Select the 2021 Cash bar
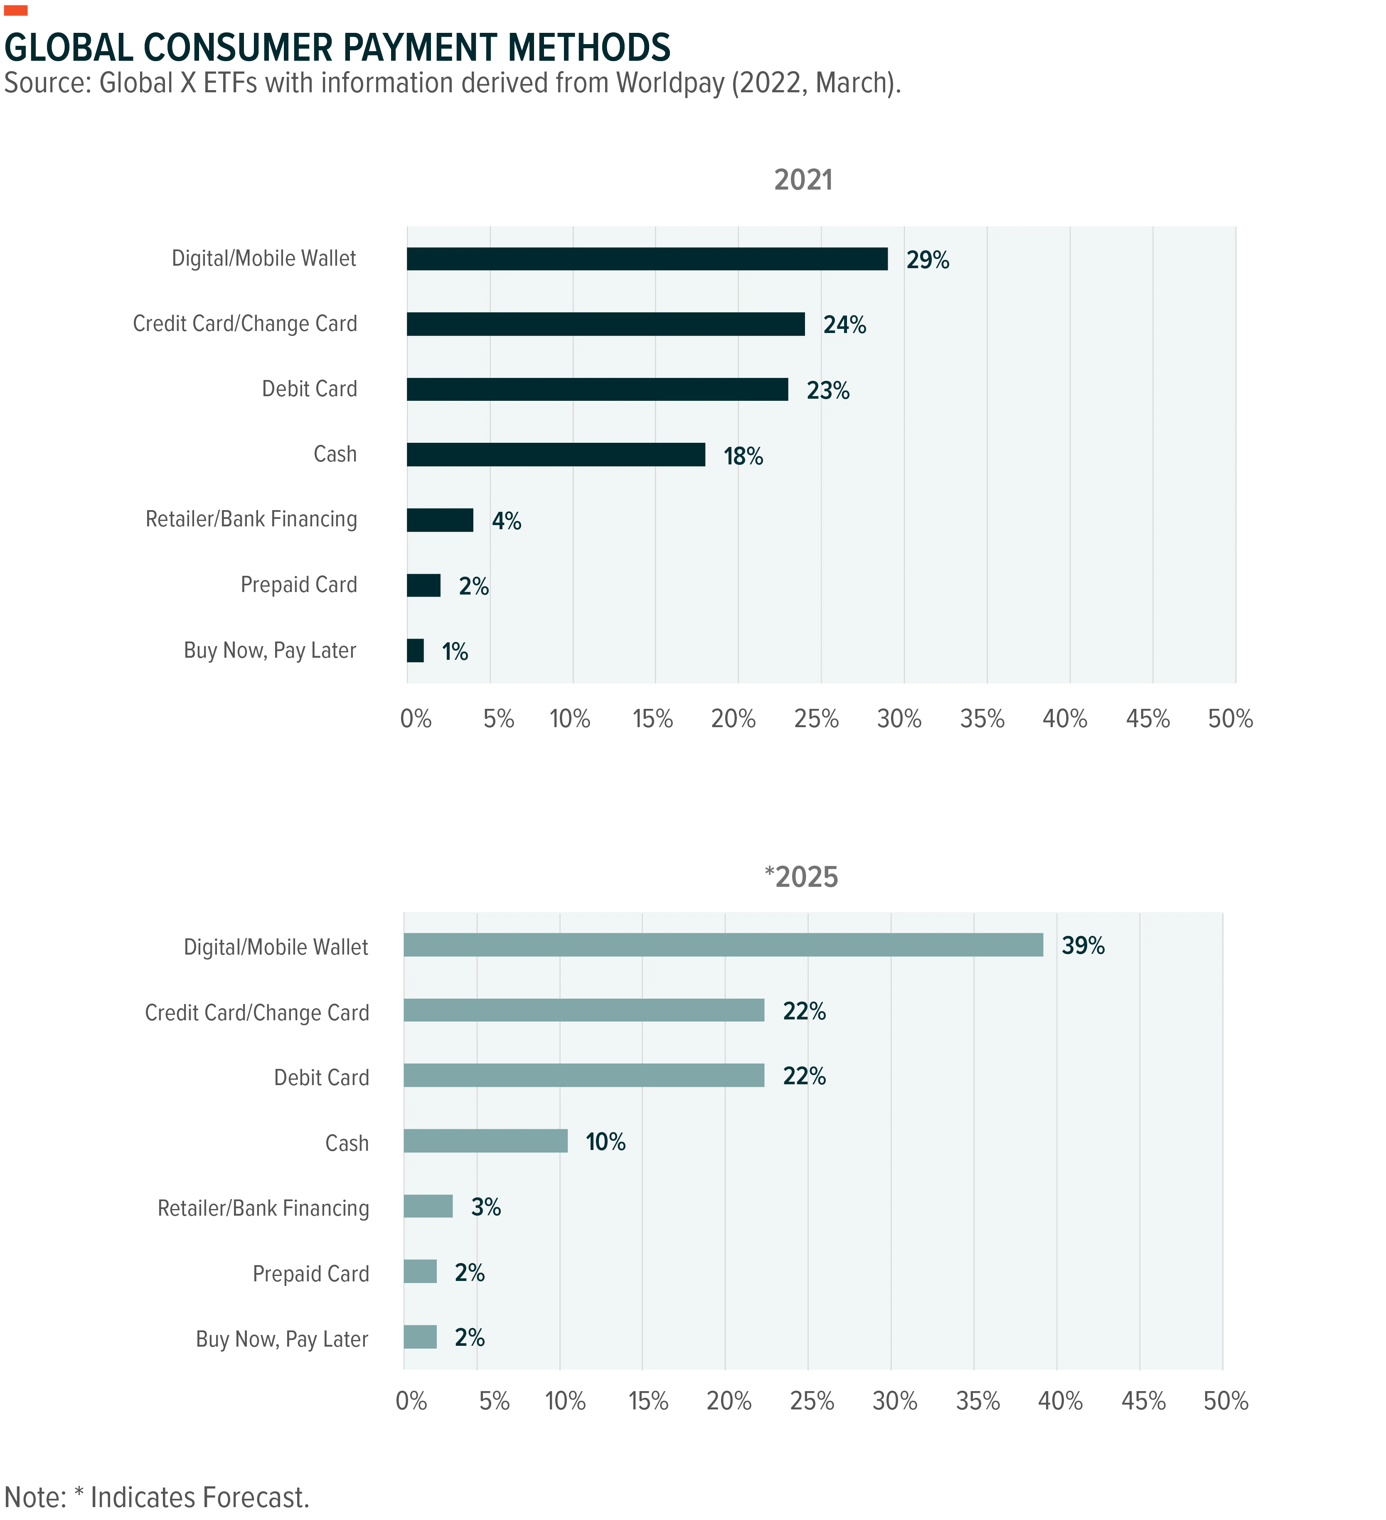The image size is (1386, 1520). [x=556, y=455]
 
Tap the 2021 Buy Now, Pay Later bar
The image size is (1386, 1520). [x=415, y=651]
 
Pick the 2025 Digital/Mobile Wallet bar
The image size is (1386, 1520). [x=724, y=945]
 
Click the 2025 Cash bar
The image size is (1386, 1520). [x=485, y=1141]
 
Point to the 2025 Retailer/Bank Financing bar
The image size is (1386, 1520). [x=428, y=1207]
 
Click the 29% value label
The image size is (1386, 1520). [x=928, y=260]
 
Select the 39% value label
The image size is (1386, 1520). [x=1083, y=945]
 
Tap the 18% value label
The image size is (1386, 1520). [x=743, y=456]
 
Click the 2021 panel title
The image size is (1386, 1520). [x=803, y=180]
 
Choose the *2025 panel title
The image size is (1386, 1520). [x=801, y=877]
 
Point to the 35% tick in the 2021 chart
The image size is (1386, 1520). [x=982, y=718]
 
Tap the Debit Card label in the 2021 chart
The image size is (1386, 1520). [x=309, y=389]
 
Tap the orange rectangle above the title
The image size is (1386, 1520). [x=16, y=10]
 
